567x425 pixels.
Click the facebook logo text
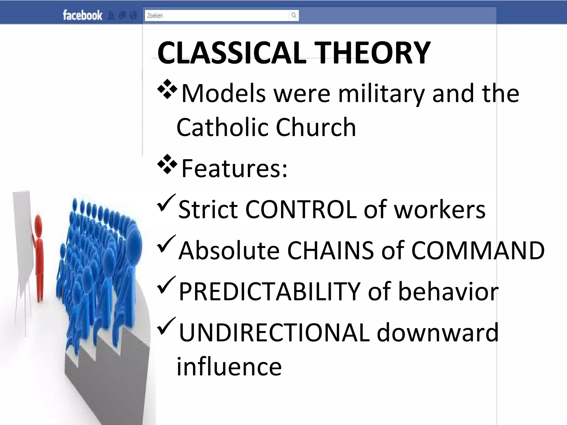(82, 15)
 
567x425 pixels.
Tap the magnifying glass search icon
(294, 15)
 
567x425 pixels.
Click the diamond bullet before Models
(167, 89)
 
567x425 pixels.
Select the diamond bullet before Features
(167, 164)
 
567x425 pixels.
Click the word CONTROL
(301, 209)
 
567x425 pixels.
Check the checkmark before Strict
(166, 203)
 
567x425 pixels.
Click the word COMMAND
(478, 251)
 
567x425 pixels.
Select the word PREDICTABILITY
(269, 292)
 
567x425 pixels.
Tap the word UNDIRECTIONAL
(274, 333)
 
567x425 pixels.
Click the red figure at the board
(39, 257)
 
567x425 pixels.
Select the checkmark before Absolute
(166, 244)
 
